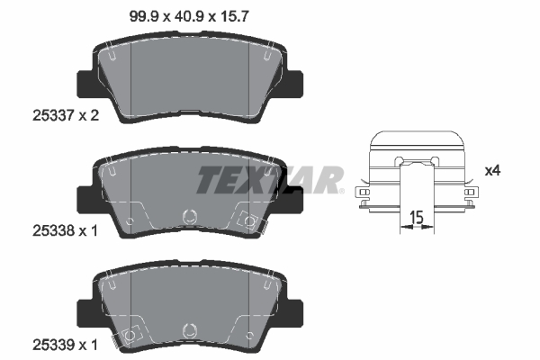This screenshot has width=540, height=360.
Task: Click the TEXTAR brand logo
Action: (x=269, y=179)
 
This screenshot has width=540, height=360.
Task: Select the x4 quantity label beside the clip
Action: (x=491, y=170)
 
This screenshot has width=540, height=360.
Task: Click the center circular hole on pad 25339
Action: (x=189, y=330)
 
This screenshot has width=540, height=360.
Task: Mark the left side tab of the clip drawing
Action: (x=364, y=193)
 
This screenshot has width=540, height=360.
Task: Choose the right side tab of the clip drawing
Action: (x=470, y=193)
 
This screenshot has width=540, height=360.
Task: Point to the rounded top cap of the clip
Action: (x=417, y=138)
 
